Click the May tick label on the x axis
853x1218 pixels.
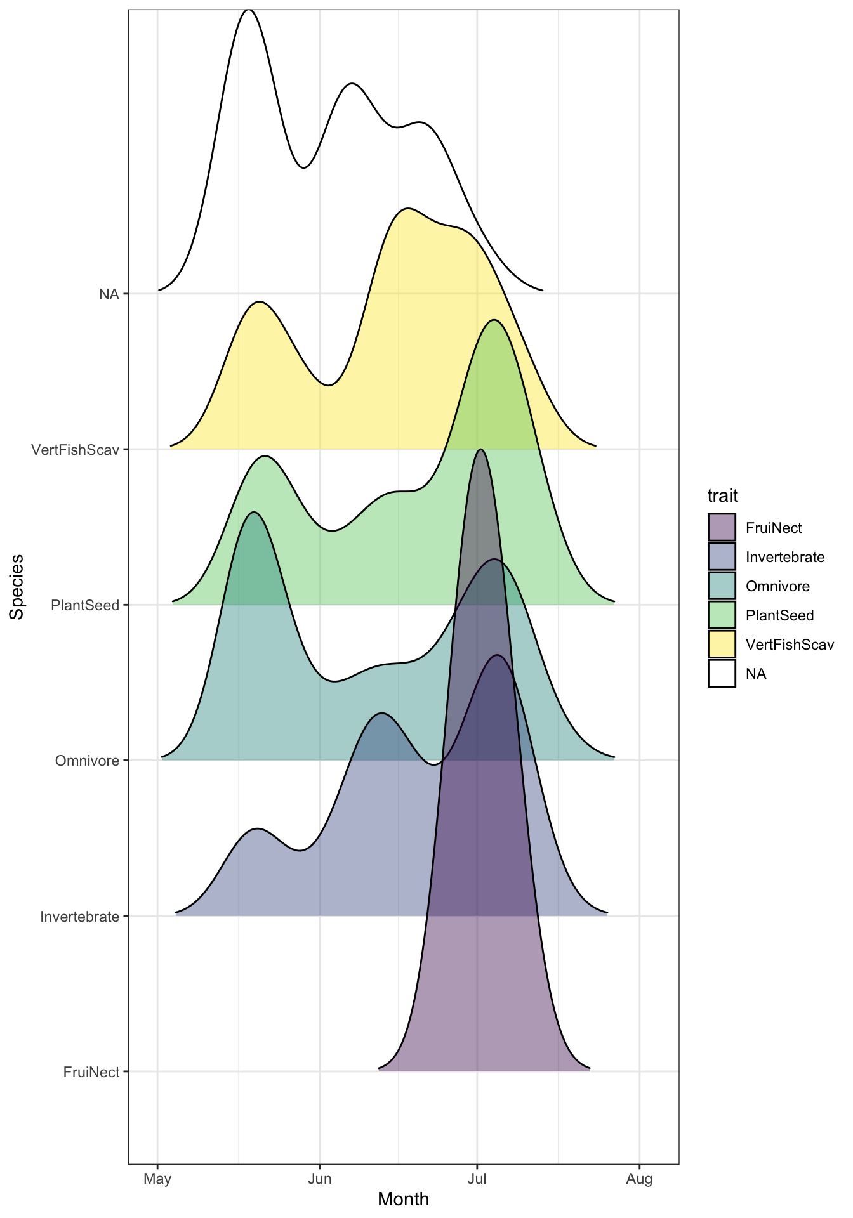[x=157, y=1179]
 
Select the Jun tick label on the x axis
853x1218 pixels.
[x=319, y=1179]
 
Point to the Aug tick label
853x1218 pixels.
[x=639, y=1179]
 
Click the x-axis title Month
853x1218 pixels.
[x=403, y=1200]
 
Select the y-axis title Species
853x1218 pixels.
[x=17, y=587]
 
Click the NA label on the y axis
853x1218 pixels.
[x=109, y=294]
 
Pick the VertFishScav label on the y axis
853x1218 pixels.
[x=76, y=450]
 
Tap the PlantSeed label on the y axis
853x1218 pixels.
[x=85, y=605]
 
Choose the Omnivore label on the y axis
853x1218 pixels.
[x=87, y=761]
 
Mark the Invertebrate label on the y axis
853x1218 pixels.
[x=79, y=917]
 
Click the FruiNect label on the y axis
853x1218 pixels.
[x=91, y=1072]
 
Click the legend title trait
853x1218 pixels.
[x=722, y=495]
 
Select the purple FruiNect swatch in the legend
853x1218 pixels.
[x=722, y=527]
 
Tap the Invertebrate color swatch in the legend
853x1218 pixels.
[x=722, y=556]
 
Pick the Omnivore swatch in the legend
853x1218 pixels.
[x=722, y=586]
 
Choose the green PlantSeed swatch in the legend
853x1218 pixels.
[x=722, y=615]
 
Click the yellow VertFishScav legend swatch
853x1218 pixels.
[x=722, y=644]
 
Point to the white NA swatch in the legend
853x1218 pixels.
[x=722, y=673]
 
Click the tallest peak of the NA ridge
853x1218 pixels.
[x=248, y=11]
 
